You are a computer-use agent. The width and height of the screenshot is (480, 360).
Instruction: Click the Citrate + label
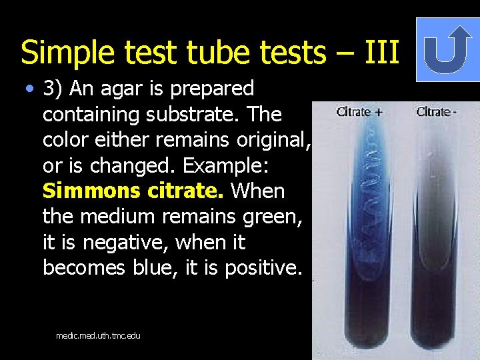359,111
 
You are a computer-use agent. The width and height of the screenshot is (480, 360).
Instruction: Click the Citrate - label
437,111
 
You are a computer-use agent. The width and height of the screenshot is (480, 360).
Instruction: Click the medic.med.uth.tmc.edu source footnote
98,335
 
